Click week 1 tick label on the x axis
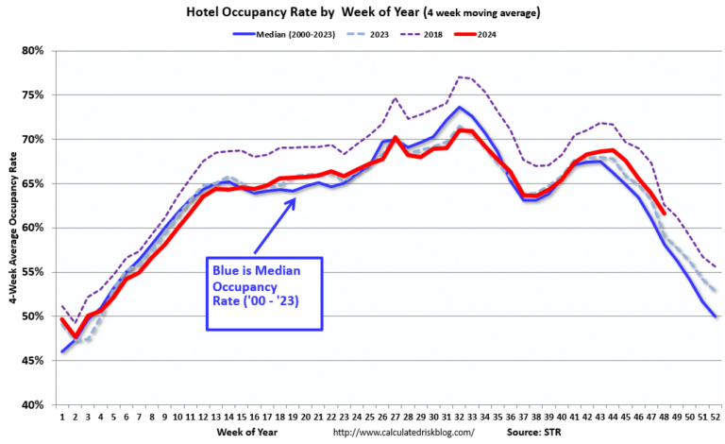click(x=62, y=416)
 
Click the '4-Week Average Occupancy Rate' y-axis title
click(x=11, y=227)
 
